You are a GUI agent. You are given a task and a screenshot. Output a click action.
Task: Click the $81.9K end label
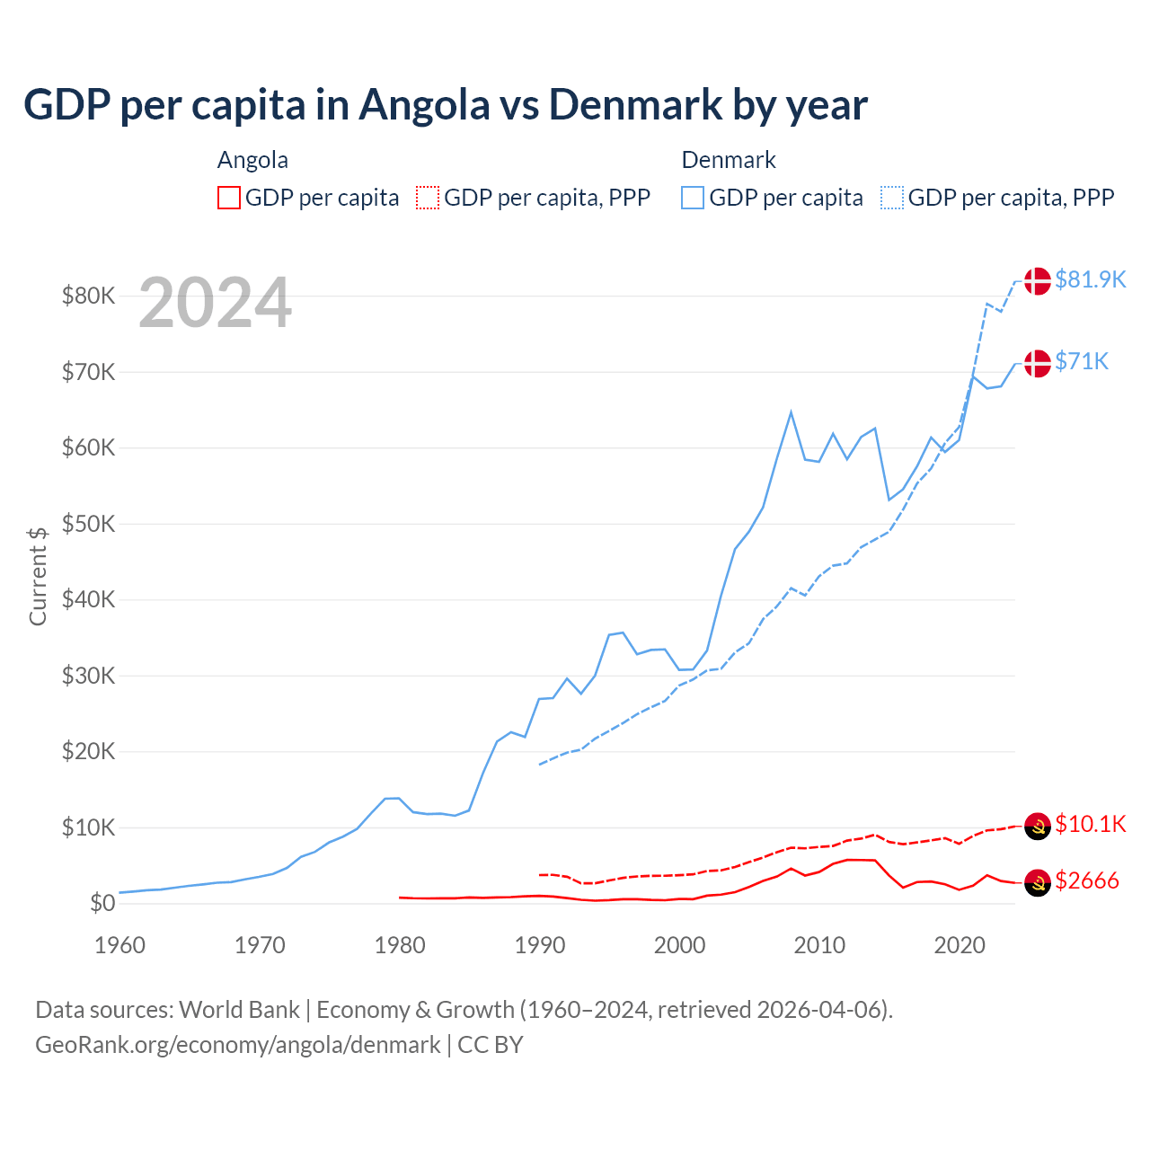(1090, 279)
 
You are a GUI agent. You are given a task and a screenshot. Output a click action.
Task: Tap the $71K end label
(1082, 361)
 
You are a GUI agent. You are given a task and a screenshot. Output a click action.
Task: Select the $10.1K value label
(1090, 824)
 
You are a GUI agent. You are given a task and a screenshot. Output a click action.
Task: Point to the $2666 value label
(1086, 880)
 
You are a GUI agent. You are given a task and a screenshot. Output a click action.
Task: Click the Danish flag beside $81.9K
(1038, 280)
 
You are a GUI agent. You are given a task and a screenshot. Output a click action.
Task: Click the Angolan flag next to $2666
(1038, 883)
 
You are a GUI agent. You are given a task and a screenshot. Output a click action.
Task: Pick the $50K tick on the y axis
(88, 524)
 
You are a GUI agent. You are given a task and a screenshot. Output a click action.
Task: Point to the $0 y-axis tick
(102, 904)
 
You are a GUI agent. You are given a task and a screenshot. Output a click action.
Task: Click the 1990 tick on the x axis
(540, 945)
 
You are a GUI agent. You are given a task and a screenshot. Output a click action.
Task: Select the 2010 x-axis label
(819, 945)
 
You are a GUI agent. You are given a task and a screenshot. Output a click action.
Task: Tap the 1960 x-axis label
(120, 945)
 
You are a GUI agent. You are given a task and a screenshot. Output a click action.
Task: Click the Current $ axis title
(38, 576)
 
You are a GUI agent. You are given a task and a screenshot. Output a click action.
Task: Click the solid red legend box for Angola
(229, 198)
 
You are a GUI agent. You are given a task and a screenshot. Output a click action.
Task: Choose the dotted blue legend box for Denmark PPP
(892, 198)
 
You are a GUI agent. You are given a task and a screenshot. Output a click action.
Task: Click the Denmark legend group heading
(729, 160)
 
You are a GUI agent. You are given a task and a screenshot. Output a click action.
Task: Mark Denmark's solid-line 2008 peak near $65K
(791, 412)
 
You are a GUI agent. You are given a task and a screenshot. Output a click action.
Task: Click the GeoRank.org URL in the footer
(238, 1045)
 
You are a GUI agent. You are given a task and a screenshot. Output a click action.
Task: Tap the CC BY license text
(491, 1045)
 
